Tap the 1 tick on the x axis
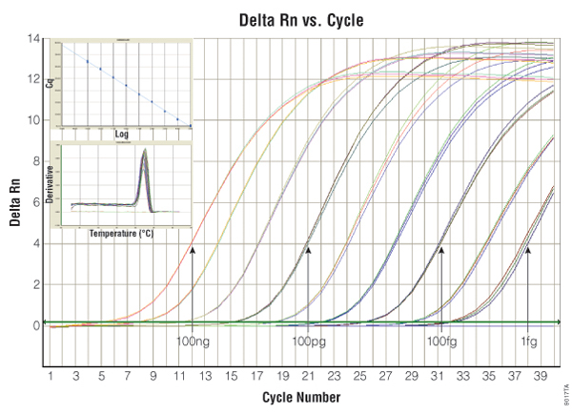[x=50, y=375]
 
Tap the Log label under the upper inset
[x=122, y=135]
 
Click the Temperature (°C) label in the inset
[x=122, y=232]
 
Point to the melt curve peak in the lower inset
[x=143, y=151]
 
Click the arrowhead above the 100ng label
[x=194, y=249]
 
